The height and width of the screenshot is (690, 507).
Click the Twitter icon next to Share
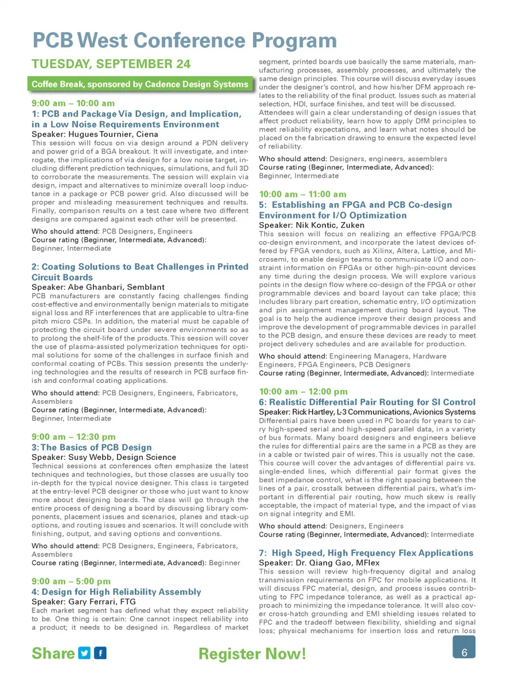[84, 653]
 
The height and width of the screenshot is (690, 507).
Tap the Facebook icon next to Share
[100, 653]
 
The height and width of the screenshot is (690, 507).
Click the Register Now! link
[252, 654]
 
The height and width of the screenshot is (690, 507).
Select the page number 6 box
[464, 647]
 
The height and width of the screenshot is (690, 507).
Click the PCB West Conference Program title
[184, 41]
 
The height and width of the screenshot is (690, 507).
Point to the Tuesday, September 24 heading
[111, 64]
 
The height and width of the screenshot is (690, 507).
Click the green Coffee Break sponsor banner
[140, 84]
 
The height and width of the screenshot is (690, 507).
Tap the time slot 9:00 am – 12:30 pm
[73, 437]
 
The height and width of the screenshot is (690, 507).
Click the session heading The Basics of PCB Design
[96, 447]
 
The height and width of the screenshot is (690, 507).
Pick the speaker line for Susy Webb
[104, 457]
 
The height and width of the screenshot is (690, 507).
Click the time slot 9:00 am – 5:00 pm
[71, 581]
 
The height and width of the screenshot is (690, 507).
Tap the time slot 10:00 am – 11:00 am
[303, 194]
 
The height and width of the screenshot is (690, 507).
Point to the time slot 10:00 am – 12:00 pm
[303, 391]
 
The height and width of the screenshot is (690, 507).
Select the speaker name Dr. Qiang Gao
[324, 563]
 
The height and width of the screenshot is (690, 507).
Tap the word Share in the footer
[53, 654]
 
